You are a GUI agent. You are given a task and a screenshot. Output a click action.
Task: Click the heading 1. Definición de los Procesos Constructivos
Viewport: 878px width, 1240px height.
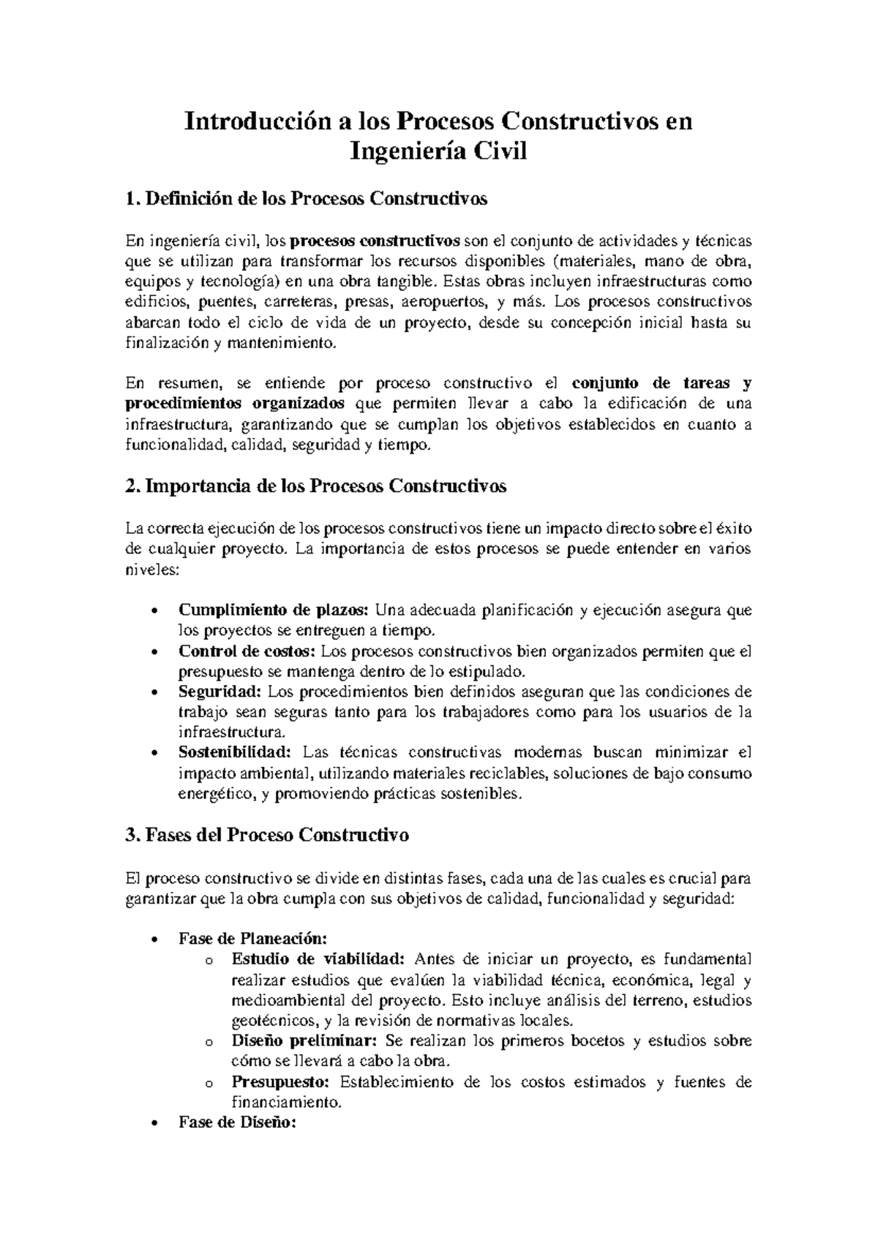coord(307,199)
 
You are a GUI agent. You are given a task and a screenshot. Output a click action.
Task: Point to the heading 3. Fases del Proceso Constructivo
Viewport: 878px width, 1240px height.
coord(267,835)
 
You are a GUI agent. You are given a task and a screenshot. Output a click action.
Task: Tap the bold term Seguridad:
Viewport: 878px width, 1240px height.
coord(219,692)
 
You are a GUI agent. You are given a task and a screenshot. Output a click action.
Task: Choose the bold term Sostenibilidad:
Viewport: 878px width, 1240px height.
coord(235,752)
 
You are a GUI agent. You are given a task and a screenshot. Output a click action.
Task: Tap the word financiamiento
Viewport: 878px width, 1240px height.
coord(286,1102)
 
